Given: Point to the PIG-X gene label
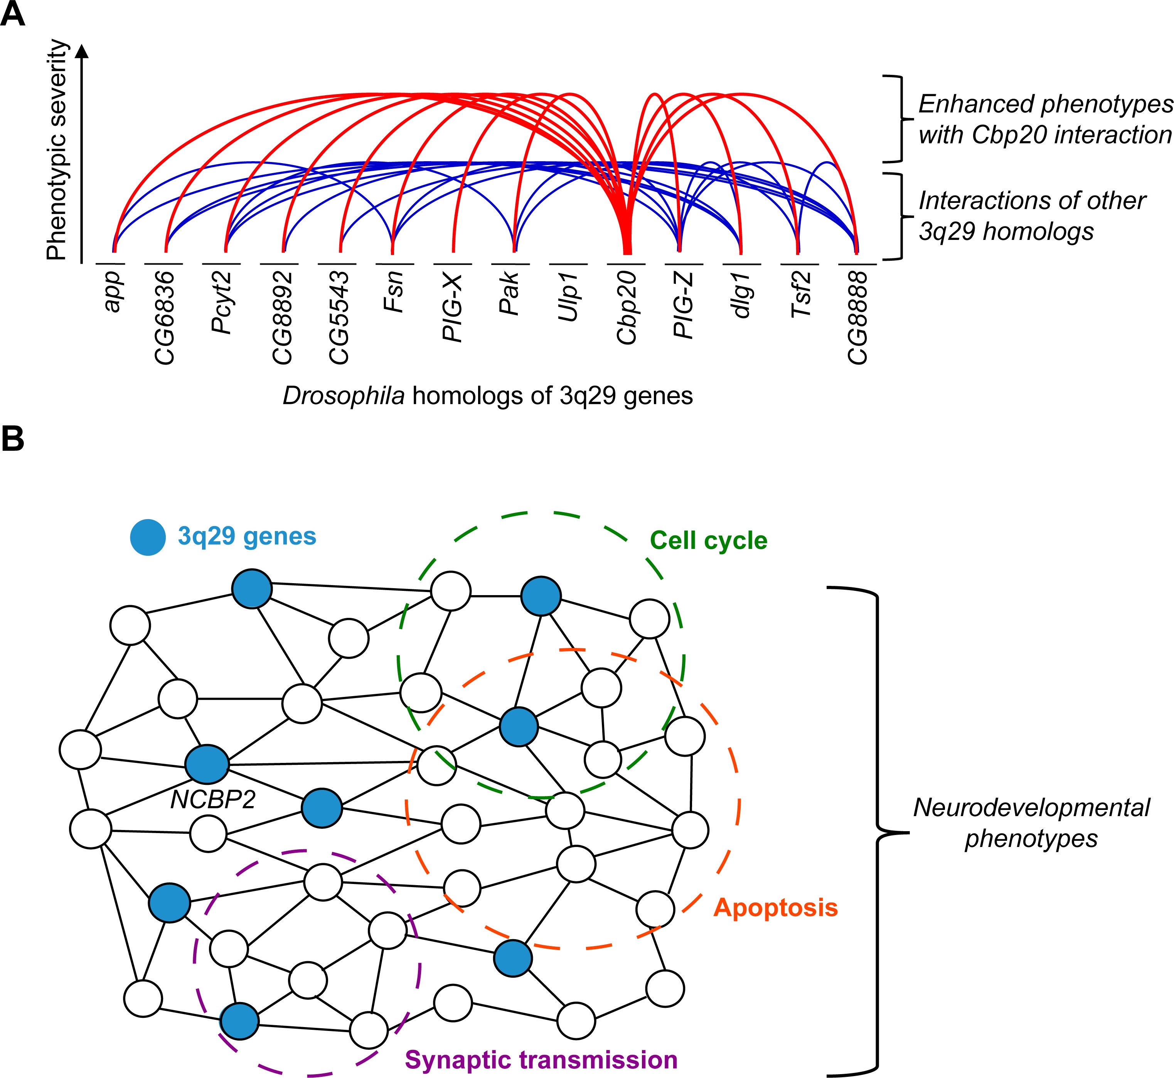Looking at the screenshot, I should [453, 307].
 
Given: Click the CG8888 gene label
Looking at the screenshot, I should [857, 318].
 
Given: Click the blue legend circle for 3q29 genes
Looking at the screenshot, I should [148, 536].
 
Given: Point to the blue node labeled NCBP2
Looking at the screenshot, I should [207, 764].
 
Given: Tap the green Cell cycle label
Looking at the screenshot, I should [709, 541].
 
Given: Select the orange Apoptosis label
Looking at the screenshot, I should [776, 908].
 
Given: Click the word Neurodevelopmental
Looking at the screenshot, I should [1031, 808].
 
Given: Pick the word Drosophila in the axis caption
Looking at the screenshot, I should [344, 396].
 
